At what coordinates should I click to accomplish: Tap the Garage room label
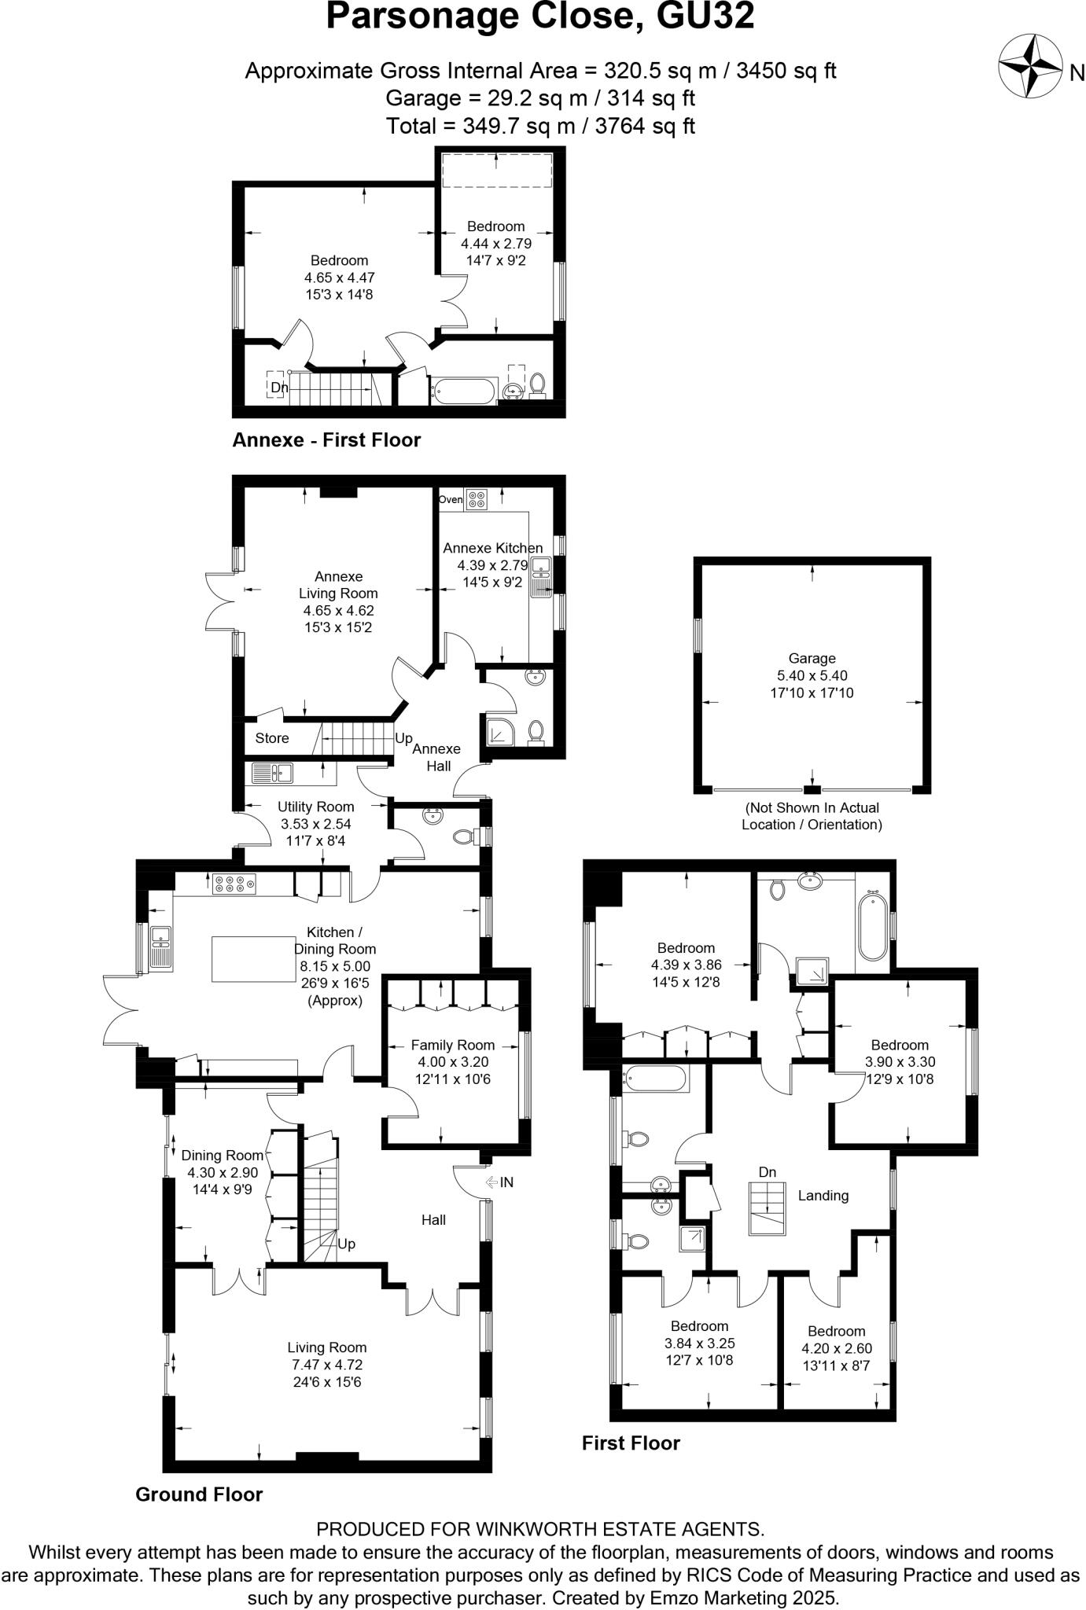[812, 659]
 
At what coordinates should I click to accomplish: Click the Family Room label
[453, 1045]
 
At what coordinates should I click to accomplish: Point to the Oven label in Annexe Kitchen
[451, 499]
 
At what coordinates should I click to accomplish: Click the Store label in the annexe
[272, 738]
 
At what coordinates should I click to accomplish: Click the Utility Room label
[315, 807]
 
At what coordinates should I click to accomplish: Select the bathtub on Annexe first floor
[463, 391]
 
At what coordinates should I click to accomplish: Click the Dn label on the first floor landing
[768, 1172]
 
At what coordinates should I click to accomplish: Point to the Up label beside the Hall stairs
[347, 1244]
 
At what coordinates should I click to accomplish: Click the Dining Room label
[222, 1155]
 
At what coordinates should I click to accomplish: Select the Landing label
[823, 1196]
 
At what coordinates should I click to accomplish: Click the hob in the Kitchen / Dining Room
[234, 884]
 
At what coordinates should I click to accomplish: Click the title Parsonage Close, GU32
[540, 17]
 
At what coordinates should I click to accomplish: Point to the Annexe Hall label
[436, 756]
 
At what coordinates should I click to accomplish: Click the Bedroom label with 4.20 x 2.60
[836, 1331]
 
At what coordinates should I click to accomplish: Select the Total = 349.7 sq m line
[540, 126]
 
